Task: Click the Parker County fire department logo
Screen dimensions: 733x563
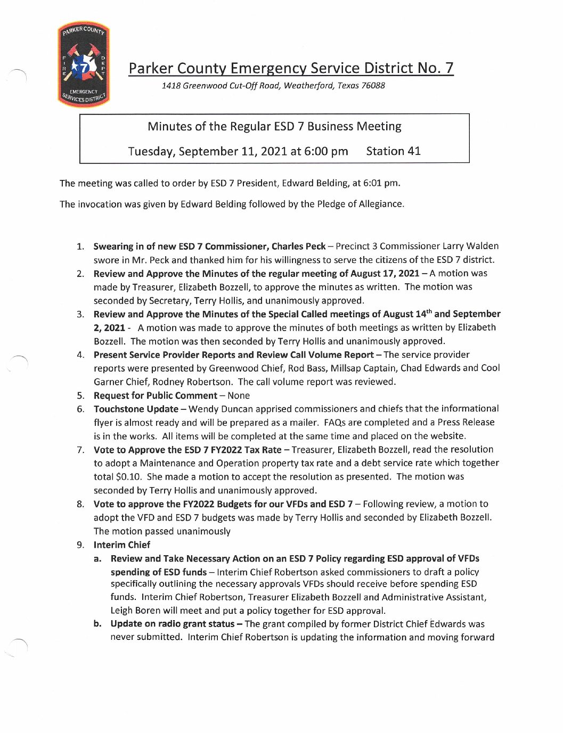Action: [x=84, y=65]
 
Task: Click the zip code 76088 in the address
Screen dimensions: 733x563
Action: [x=373, y=86]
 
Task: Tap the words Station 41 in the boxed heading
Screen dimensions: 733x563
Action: [x=393, y=151]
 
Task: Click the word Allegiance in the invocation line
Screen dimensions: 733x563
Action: [x=380, y=204]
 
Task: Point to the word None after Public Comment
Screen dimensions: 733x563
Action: [x=239, y=396]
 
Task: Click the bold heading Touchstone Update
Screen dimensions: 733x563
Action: [x=136, y=409]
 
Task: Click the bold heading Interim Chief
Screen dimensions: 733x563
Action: [x=122, y=545]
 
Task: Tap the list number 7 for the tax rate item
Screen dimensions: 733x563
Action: [x=80, y=450]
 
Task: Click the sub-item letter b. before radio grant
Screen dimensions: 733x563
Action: [x=97, y=624]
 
